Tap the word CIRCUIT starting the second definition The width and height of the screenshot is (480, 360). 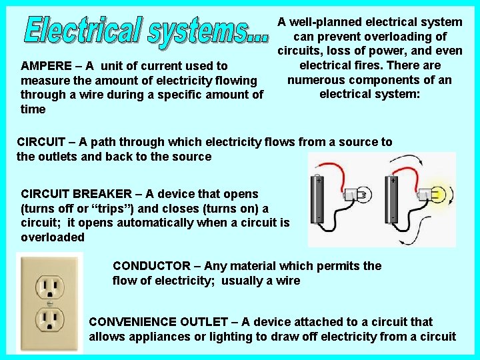(40, 142)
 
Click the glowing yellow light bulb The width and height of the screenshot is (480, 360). (438, 194)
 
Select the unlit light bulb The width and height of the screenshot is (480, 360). (363, 195)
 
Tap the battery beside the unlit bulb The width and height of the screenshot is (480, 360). (317, 199)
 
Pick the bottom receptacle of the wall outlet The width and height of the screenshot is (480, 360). (50, 319)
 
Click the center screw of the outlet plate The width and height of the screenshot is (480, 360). (50, 303)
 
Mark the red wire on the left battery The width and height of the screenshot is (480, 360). (336, 172)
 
